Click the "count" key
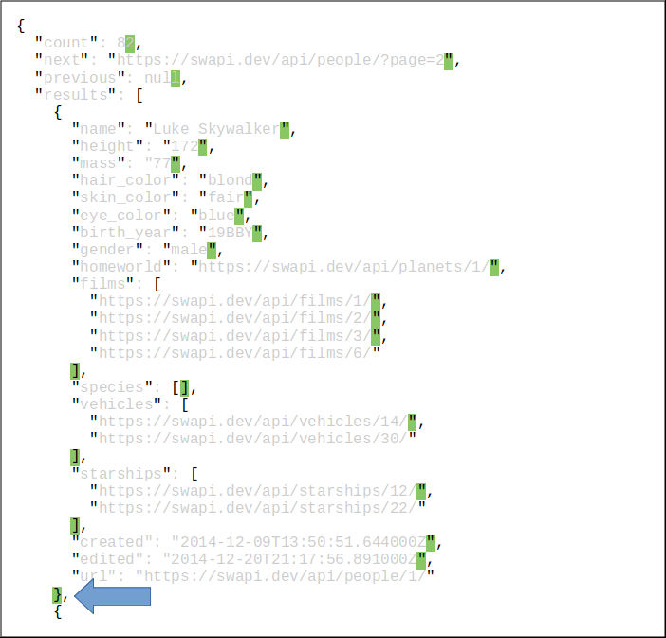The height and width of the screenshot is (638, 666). coord(66,43)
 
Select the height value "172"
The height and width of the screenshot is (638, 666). coord(183,146)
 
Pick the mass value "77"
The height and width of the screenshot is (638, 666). coord(156,163)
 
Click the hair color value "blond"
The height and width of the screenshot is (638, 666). coord(230,180)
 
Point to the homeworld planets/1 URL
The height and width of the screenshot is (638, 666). coord(341,267)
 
